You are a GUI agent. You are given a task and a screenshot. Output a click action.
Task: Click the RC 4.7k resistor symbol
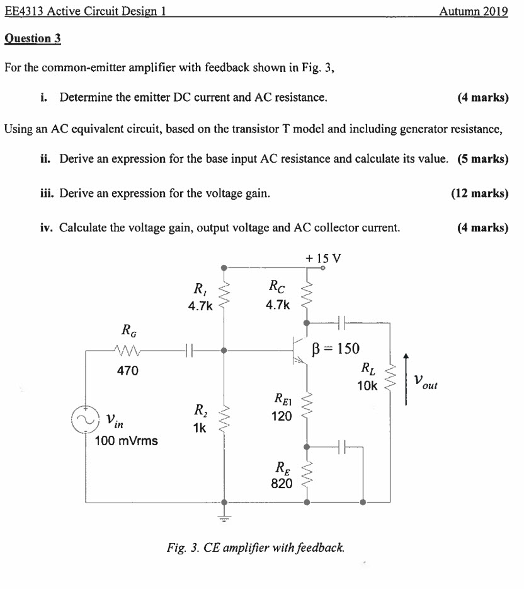pyautogui.click(x=307, y=294)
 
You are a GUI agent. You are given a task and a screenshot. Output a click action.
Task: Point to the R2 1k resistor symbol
pyautogui.click(x=223, y=419)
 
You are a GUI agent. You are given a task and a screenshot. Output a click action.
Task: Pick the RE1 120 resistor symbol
pyautogui.click(x=307, y=408)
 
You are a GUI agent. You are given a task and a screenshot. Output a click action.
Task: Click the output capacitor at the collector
pyautogui.click(x=343, y=322)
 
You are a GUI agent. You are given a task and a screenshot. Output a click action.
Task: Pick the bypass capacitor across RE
pyautogui.click(x=343, y=446)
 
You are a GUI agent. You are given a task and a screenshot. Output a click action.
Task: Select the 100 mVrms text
pyautogui.click(x=126, y=440)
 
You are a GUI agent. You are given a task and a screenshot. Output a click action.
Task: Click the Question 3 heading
pyautogui.click(x=33, y=38)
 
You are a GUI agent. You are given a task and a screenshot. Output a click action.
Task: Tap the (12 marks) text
pyautogui.click(x=479, y=193)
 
